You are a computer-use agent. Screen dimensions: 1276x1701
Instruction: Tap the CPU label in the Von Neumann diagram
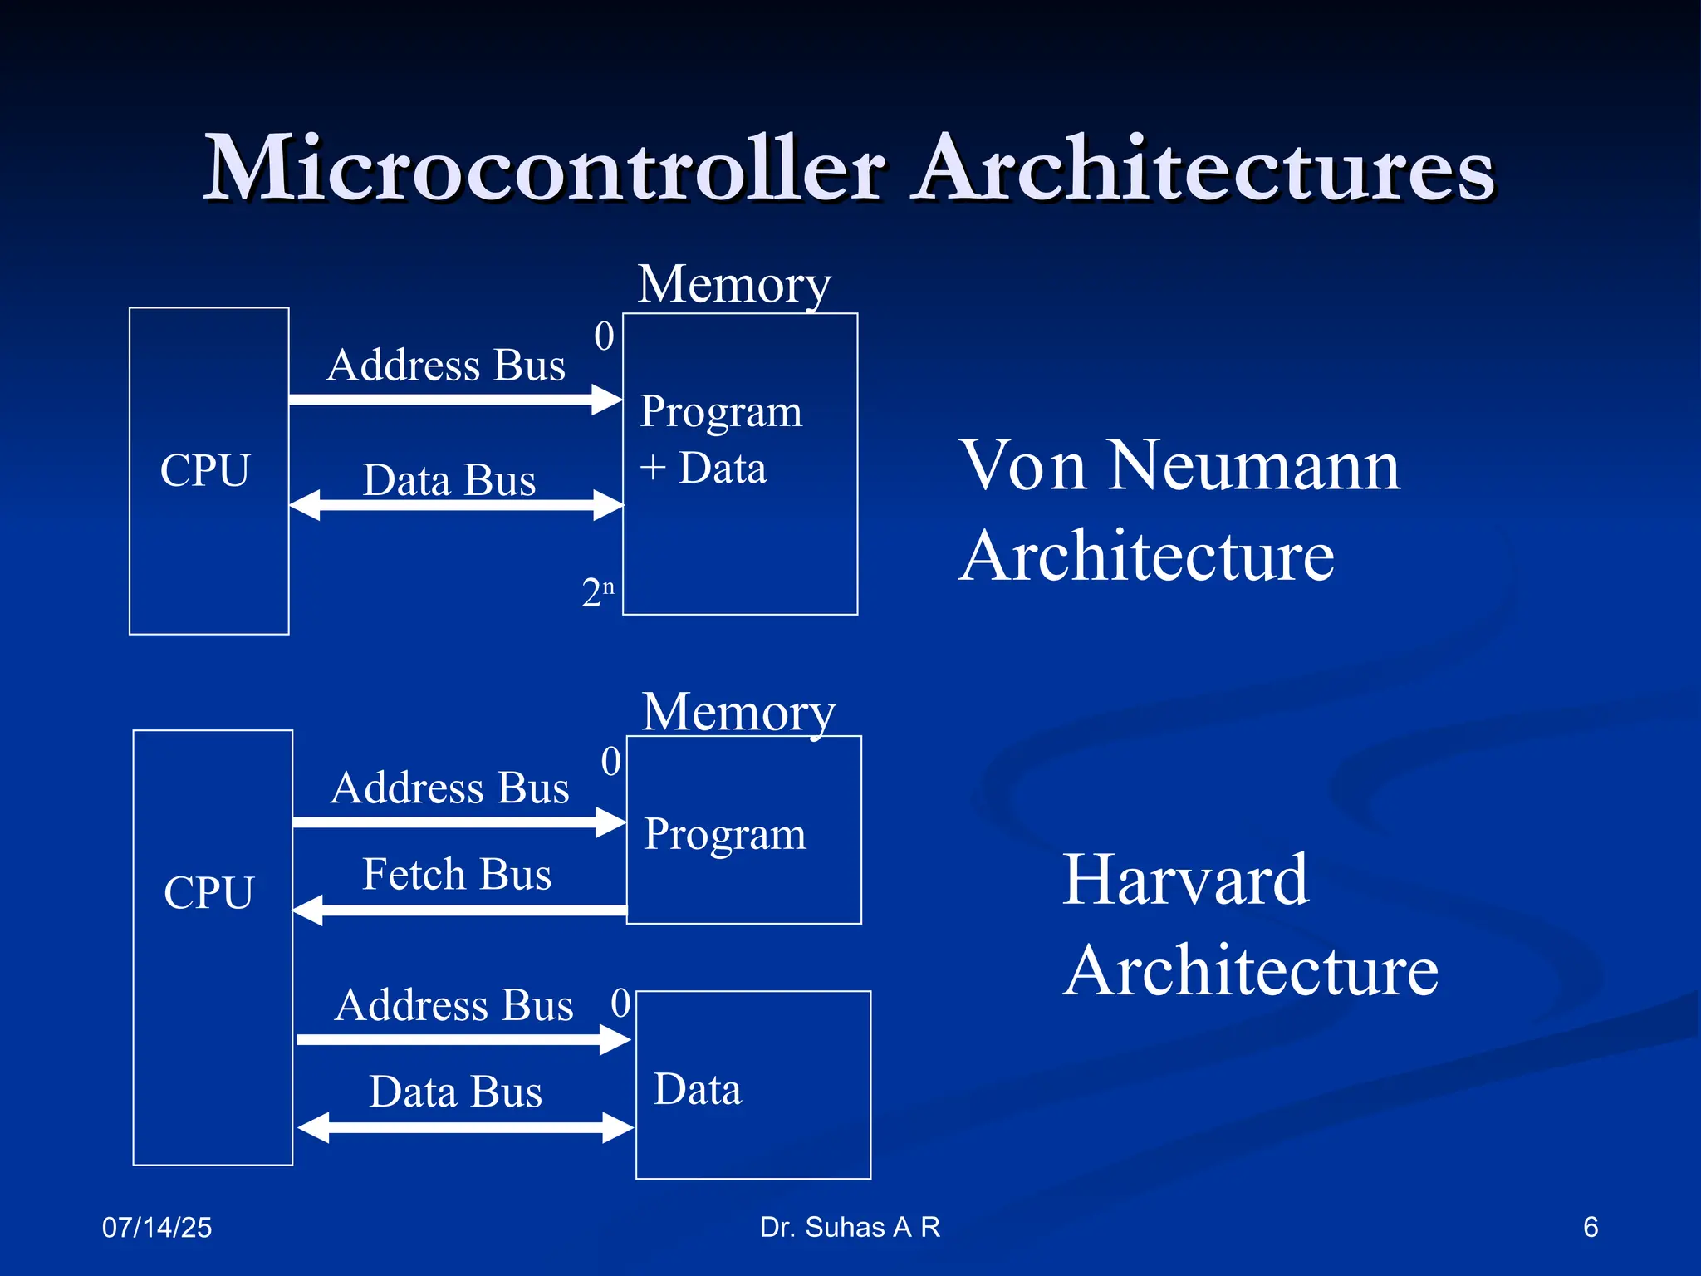click(204, 470)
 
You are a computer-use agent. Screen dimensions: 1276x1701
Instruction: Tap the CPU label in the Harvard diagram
click(208, 893)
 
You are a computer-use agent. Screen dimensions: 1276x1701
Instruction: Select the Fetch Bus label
click(457, 875)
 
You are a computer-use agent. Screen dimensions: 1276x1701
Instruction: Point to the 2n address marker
click(597, 592)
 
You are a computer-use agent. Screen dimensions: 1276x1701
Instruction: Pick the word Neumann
click(1254, 466)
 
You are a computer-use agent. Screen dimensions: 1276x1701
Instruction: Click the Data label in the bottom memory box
click(697, 1089)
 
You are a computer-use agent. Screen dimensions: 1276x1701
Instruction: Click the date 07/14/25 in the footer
click(157, 1227)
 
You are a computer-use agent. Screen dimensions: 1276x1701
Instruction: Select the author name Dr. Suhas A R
click(850, 1227)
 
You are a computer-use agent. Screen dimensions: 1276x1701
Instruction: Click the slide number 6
click(1590, 1227)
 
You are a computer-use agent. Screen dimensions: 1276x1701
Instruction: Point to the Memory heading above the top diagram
click(734, 284)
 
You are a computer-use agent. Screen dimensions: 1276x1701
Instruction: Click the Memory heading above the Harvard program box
click(738, 712)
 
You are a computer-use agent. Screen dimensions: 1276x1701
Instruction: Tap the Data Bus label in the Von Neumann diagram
click(449, 480)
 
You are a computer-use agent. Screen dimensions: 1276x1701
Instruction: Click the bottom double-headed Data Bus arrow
click(465, 1127)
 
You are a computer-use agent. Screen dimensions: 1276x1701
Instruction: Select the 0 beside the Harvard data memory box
click(620, 1003)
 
